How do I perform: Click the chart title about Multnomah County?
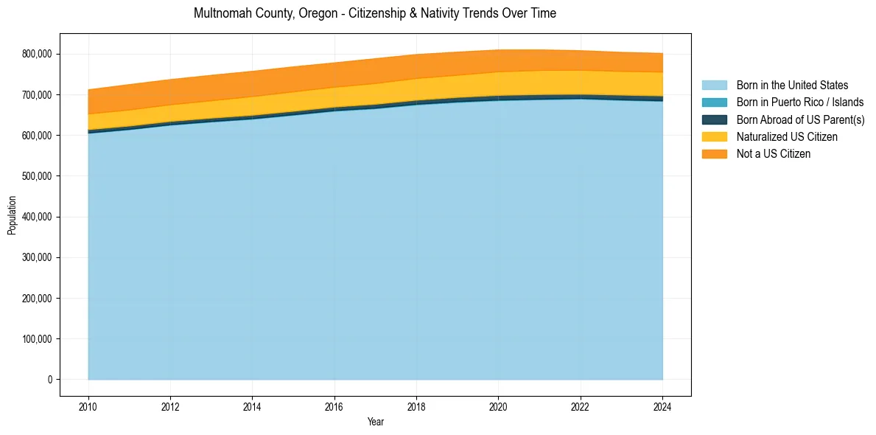point(374,13)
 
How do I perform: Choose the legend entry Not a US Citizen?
point(773,154)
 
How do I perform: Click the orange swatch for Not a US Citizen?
point(714,154)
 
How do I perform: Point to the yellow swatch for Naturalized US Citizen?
point(714,136)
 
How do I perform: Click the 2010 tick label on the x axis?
point(88,406)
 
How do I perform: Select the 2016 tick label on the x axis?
point(334,406)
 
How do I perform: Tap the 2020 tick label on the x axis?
point(498,406)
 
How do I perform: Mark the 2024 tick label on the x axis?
point(662,406)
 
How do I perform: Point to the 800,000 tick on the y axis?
point(37,54)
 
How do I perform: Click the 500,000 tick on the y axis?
point(37,176)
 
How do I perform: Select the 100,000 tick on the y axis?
point(37,339)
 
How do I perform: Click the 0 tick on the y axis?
point(50,380)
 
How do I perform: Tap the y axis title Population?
point(12,215)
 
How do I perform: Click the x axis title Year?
point(375,422)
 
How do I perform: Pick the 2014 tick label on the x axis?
point(253,406)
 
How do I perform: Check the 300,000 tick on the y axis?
point(37,257)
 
